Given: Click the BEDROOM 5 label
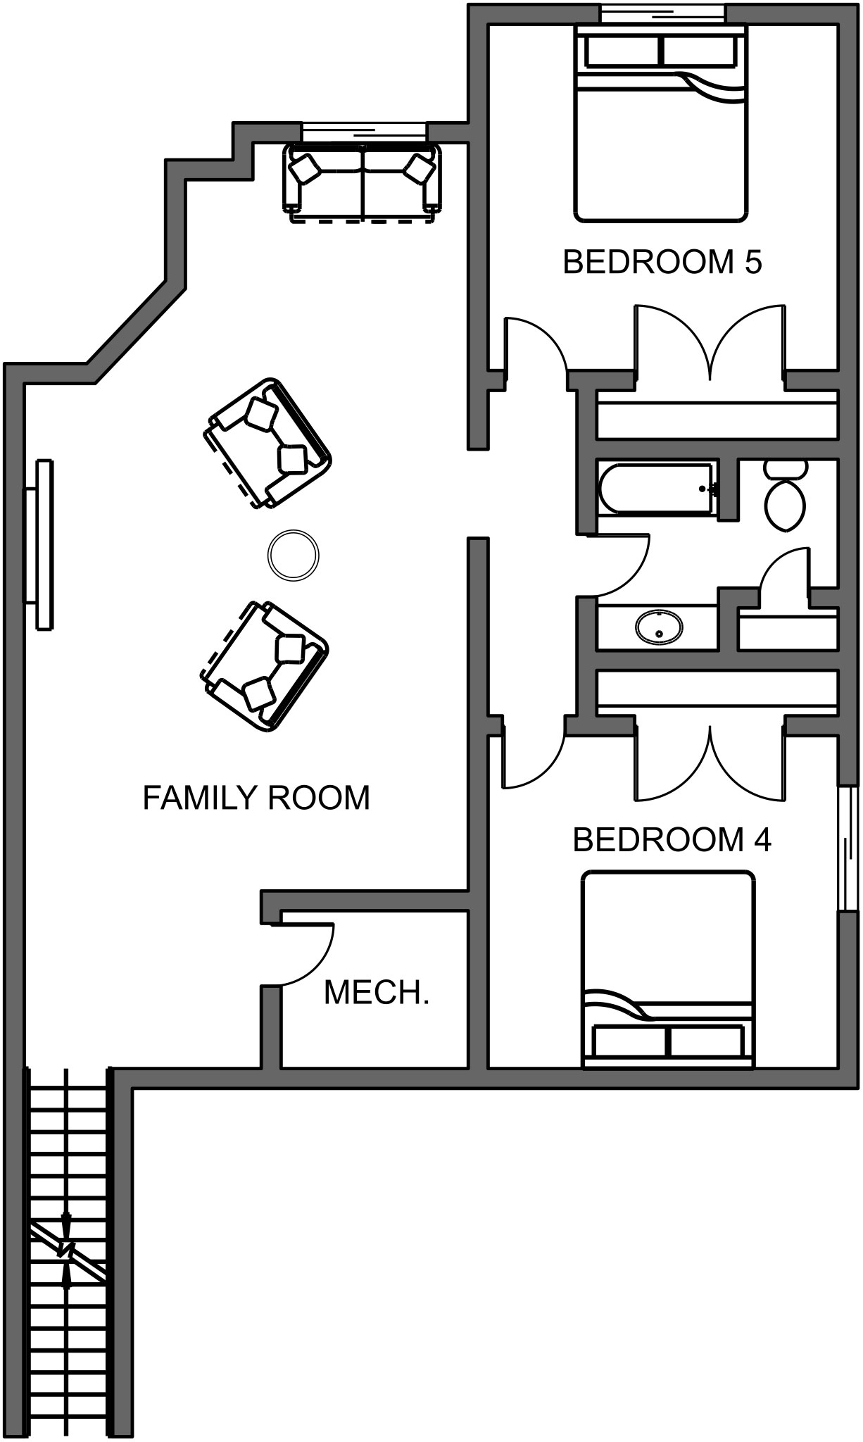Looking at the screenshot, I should [x=662, y=262].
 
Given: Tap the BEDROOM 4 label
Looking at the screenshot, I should [x=672, y=839].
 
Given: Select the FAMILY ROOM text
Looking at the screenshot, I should [x=256, y=798].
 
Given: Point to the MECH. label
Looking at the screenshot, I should [x=376, y=993].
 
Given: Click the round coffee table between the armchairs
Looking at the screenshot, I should [x=294, y=556].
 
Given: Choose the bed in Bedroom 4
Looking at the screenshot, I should [x=667, y=970].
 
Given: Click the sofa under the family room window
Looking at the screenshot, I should [x=363, y=182].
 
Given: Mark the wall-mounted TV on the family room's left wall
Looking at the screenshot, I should [x=40, y=544].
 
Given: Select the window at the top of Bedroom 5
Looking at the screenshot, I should [x=662, y=13].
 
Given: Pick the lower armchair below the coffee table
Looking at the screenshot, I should [x=264, y=665].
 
